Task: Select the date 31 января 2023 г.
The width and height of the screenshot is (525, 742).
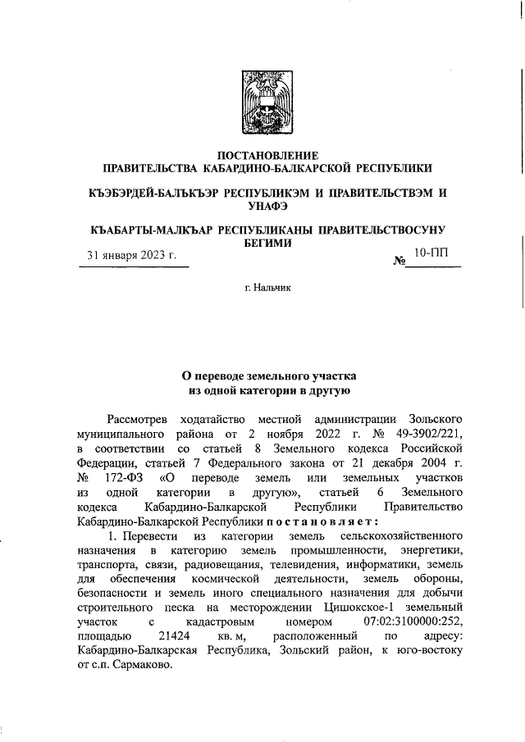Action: tap(132, 256)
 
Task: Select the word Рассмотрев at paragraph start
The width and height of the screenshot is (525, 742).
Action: tap(139, 420)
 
